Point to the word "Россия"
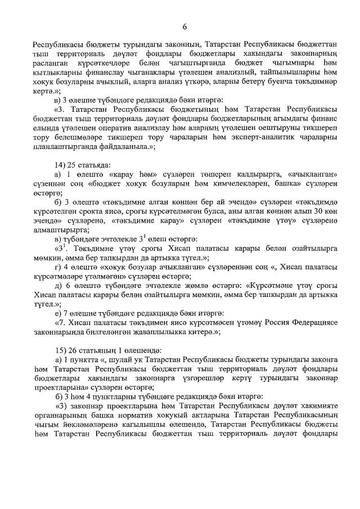click(x=271, y=322)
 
